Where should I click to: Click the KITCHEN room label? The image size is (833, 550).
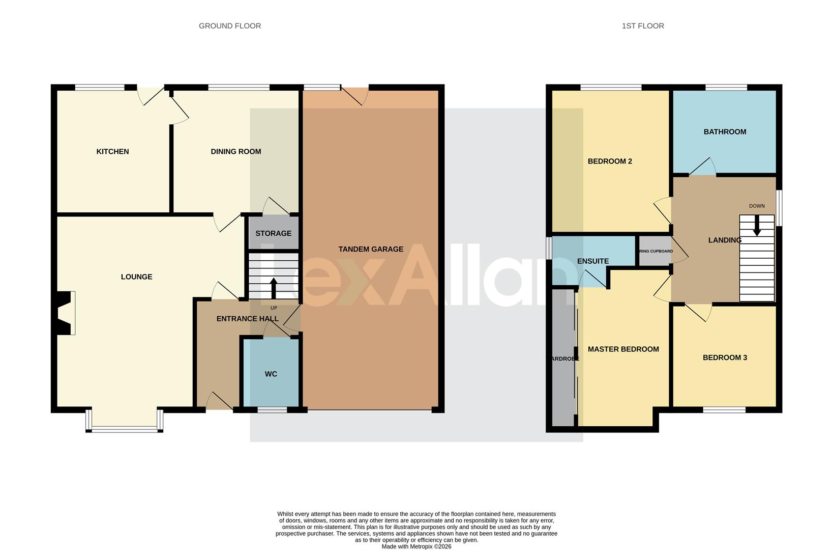click(x=112, y=151)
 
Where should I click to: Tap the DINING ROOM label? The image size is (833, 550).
click(x=235, y=151)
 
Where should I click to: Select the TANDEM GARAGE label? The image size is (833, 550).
click(x=371, y=249)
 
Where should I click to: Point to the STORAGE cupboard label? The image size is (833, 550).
click(x=273, y=233)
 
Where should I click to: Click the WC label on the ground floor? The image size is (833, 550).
click(x=271, y=374)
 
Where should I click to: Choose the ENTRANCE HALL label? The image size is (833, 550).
click(x=247, y=319)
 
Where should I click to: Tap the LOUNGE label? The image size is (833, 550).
click(x=136, y=277)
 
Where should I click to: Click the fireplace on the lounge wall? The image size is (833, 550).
click(x=65, y=313)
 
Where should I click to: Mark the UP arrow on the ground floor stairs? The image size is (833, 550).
click(x=273, y=289)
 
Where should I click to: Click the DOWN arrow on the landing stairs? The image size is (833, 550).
click(x=757, y=226)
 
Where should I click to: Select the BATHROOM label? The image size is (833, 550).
click(x=725, y=131)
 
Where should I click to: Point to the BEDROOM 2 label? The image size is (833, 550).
click(x=610, y=161)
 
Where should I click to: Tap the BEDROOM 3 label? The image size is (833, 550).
click(x=725, y=358)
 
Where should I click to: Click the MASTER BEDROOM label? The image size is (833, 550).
click(x=623, y=349)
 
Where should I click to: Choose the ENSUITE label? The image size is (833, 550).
click(x=592, y=261)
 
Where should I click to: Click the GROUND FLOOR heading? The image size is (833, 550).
click(x=230, y=26)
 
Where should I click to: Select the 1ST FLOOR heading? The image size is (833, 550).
click(x=643, y=26)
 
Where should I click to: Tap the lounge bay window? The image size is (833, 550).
click(x=125, y=429)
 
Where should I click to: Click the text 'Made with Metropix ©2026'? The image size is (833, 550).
click(x=416, y=546)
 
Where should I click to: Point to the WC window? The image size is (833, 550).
click(x=272, y=409)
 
